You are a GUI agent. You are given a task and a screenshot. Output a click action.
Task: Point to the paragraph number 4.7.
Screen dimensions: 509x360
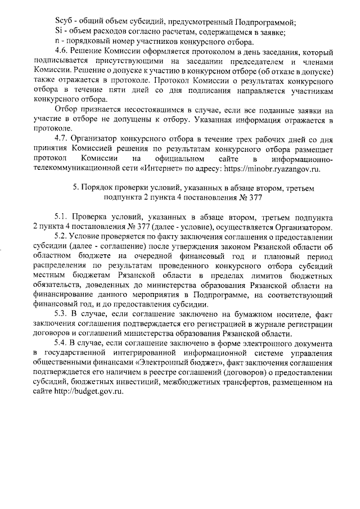point(62,138)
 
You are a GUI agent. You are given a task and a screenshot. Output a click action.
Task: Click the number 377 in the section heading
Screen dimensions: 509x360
point(250,197)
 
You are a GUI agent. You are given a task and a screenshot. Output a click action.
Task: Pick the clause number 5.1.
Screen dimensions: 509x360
point(62,217)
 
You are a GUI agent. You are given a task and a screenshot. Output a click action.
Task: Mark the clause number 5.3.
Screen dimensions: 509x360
point(62,313)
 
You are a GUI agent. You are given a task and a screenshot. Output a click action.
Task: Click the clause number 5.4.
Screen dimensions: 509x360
point(62,343)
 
